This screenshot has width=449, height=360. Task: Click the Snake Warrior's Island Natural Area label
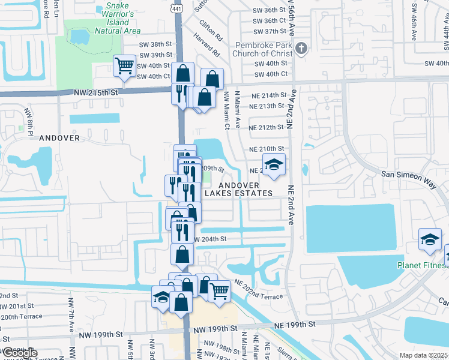coord(123,18)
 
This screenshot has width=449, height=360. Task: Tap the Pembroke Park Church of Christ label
coord(255,49)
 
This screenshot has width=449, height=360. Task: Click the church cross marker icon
coord(301,49)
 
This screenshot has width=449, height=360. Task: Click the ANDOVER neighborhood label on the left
coord(59,137)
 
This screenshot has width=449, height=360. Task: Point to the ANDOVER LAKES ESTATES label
coord(239,189)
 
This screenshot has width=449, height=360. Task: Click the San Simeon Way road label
coord(407,174)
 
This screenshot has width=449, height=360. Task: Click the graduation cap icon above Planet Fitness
coord(430,240)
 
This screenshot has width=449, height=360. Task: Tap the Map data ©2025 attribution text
coord(424,355)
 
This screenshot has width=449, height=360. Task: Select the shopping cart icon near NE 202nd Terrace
coord(220,291)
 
